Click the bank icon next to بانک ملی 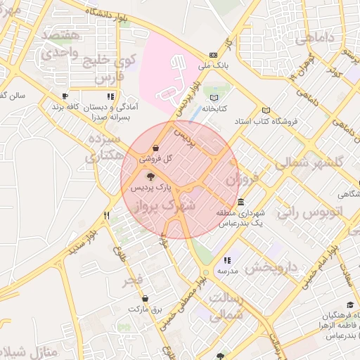click(x=213, y=56)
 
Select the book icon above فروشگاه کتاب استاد click(x=265, y=110)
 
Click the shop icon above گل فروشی click(x=155, y=148)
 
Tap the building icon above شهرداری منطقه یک click(x=241, y=203)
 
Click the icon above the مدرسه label click(x=226, y=261)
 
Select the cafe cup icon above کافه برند click(x=65, y=96)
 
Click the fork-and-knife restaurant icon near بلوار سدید click(x=107, y=216)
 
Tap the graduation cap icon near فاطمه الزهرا click(x=349, y=305)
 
